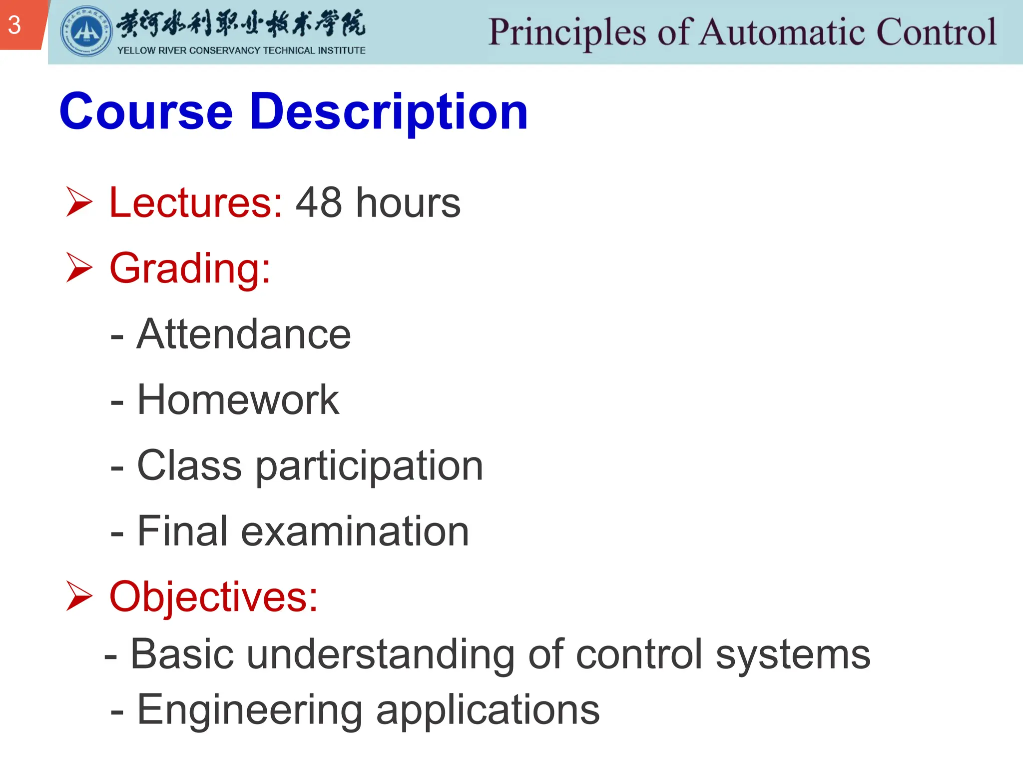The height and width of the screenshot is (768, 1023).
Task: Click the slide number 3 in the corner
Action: tap(14, 25)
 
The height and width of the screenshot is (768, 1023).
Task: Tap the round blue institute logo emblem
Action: tap(86, 31)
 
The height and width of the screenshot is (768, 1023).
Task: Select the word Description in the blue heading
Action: tap(389, 112)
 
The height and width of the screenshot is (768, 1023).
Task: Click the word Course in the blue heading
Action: tap(146, 112)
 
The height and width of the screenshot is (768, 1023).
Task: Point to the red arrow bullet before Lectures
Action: tap(79, 202)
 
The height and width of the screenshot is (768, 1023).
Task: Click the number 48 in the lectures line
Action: tap(319, 202)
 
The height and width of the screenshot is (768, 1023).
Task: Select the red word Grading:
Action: tap(190, 268)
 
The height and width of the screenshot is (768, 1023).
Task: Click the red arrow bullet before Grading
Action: tap(79, 267)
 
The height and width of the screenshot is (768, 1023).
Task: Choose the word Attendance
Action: tap(244, 334)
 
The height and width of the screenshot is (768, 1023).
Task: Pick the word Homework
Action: tap(238, 399)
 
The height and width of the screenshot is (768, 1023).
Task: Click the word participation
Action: tap(369, 466)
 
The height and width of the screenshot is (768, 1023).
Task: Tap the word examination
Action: tap(355, 531)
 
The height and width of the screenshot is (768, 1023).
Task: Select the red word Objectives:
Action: tap(213, 596)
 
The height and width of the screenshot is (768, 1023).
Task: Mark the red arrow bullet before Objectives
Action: tap(79, 596)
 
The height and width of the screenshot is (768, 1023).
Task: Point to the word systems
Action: tap(793, 655)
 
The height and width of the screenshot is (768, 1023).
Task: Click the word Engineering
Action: tap(250, 710)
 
